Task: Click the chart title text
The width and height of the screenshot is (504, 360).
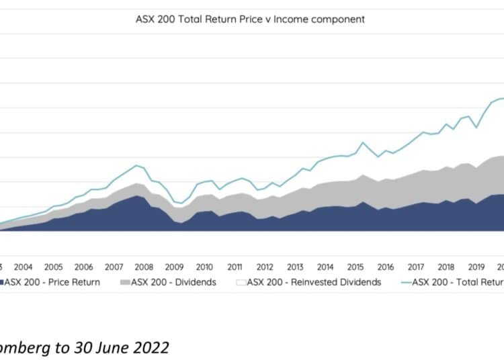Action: [250, 19]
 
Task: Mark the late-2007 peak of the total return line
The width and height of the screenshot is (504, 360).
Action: [136, 165]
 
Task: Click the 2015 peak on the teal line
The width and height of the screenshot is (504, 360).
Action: [363, 142]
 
